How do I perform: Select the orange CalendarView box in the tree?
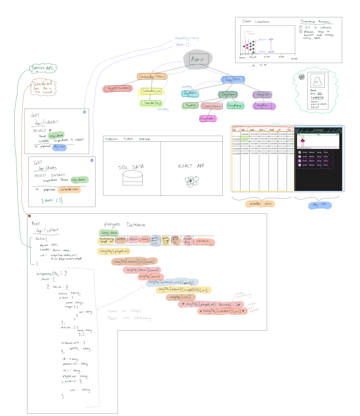click(152, 77)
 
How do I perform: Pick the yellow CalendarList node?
click(151, 92)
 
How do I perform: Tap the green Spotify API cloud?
click(40, 69)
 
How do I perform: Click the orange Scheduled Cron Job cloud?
click(43, 87)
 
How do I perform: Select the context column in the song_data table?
click(202, 241)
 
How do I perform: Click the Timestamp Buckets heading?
click(314, 22)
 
